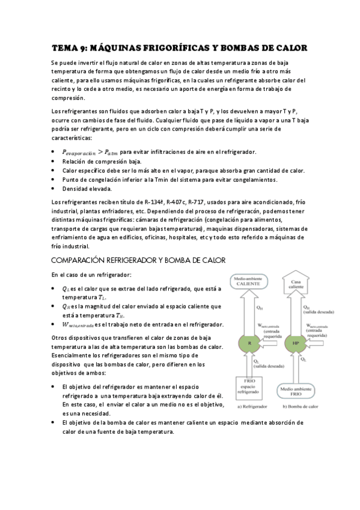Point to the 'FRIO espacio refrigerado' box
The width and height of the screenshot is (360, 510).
coord(252,386)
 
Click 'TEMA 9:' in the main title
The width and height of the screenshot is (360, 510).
coord(70,48)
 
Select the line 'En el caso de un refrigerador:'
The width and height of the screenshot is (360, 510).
coord(91,275)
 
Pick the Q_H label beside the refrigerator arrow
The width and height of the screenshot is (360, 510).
coord(260,307)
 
